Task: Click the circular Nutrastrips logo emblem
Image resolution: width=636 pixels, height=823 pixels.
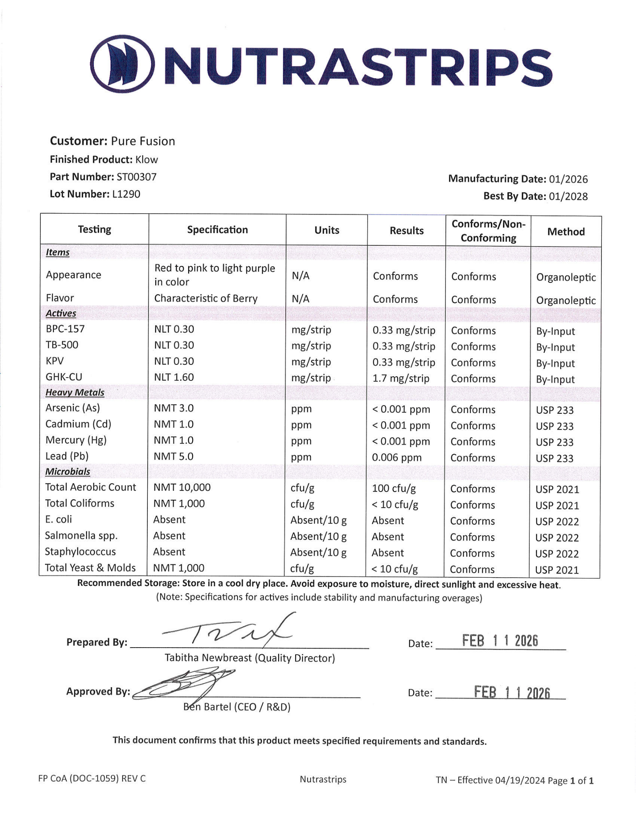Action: tap(122, 64)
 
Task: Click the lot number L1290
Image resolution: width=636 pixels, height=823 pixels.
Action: tap(126, 194)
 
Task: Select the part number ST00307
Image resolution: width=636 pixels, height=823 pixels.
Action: tap(137, 177)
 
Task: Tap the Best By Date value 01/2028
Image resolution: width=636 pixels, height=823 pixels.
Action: tap(568, 196)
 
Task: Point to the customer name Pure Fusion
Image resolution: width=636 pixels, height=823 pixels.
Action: tap(143, 141)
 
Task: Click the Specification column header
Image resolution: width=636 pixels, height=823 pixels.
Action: tap(217, 230)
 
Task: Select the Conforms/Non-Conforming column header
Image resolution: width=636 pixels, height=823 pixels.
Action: tap(488, 231)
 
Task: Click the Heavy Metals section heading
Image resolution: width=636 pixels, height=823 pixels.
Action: tap(75, 392)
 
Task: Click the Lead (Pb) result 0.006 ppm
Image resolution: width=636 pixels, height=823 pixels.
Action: tap(396, 457)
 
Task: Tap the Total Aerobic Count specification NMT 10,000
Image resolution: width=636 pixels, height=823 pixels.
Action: tap(182, 487)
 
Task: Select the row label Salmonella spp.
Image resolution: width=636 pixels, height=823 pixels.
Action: tap(81, 536)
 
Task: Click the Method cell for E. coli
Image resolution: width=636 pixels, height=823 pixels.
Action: tap(557, 522)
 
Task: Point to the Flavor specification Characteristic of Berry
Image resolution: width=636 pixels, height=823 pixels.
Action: tap(206, 298)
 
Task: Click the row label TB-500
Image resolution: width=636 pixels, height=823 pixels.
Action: tap(62, 345)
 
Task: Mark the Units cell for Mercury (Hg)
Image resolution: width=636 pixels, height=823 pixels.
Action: tap(301, 441)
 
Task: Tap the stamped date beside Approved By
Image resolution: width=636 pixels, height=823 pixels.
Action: tap(512, 692)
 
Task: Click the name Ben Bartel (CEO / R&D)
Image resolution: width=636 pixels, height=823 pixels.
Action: tap(237, 707)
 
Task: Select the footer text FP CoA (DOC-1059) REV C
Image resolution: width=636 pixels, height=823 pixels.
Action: tap(92, 779)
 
